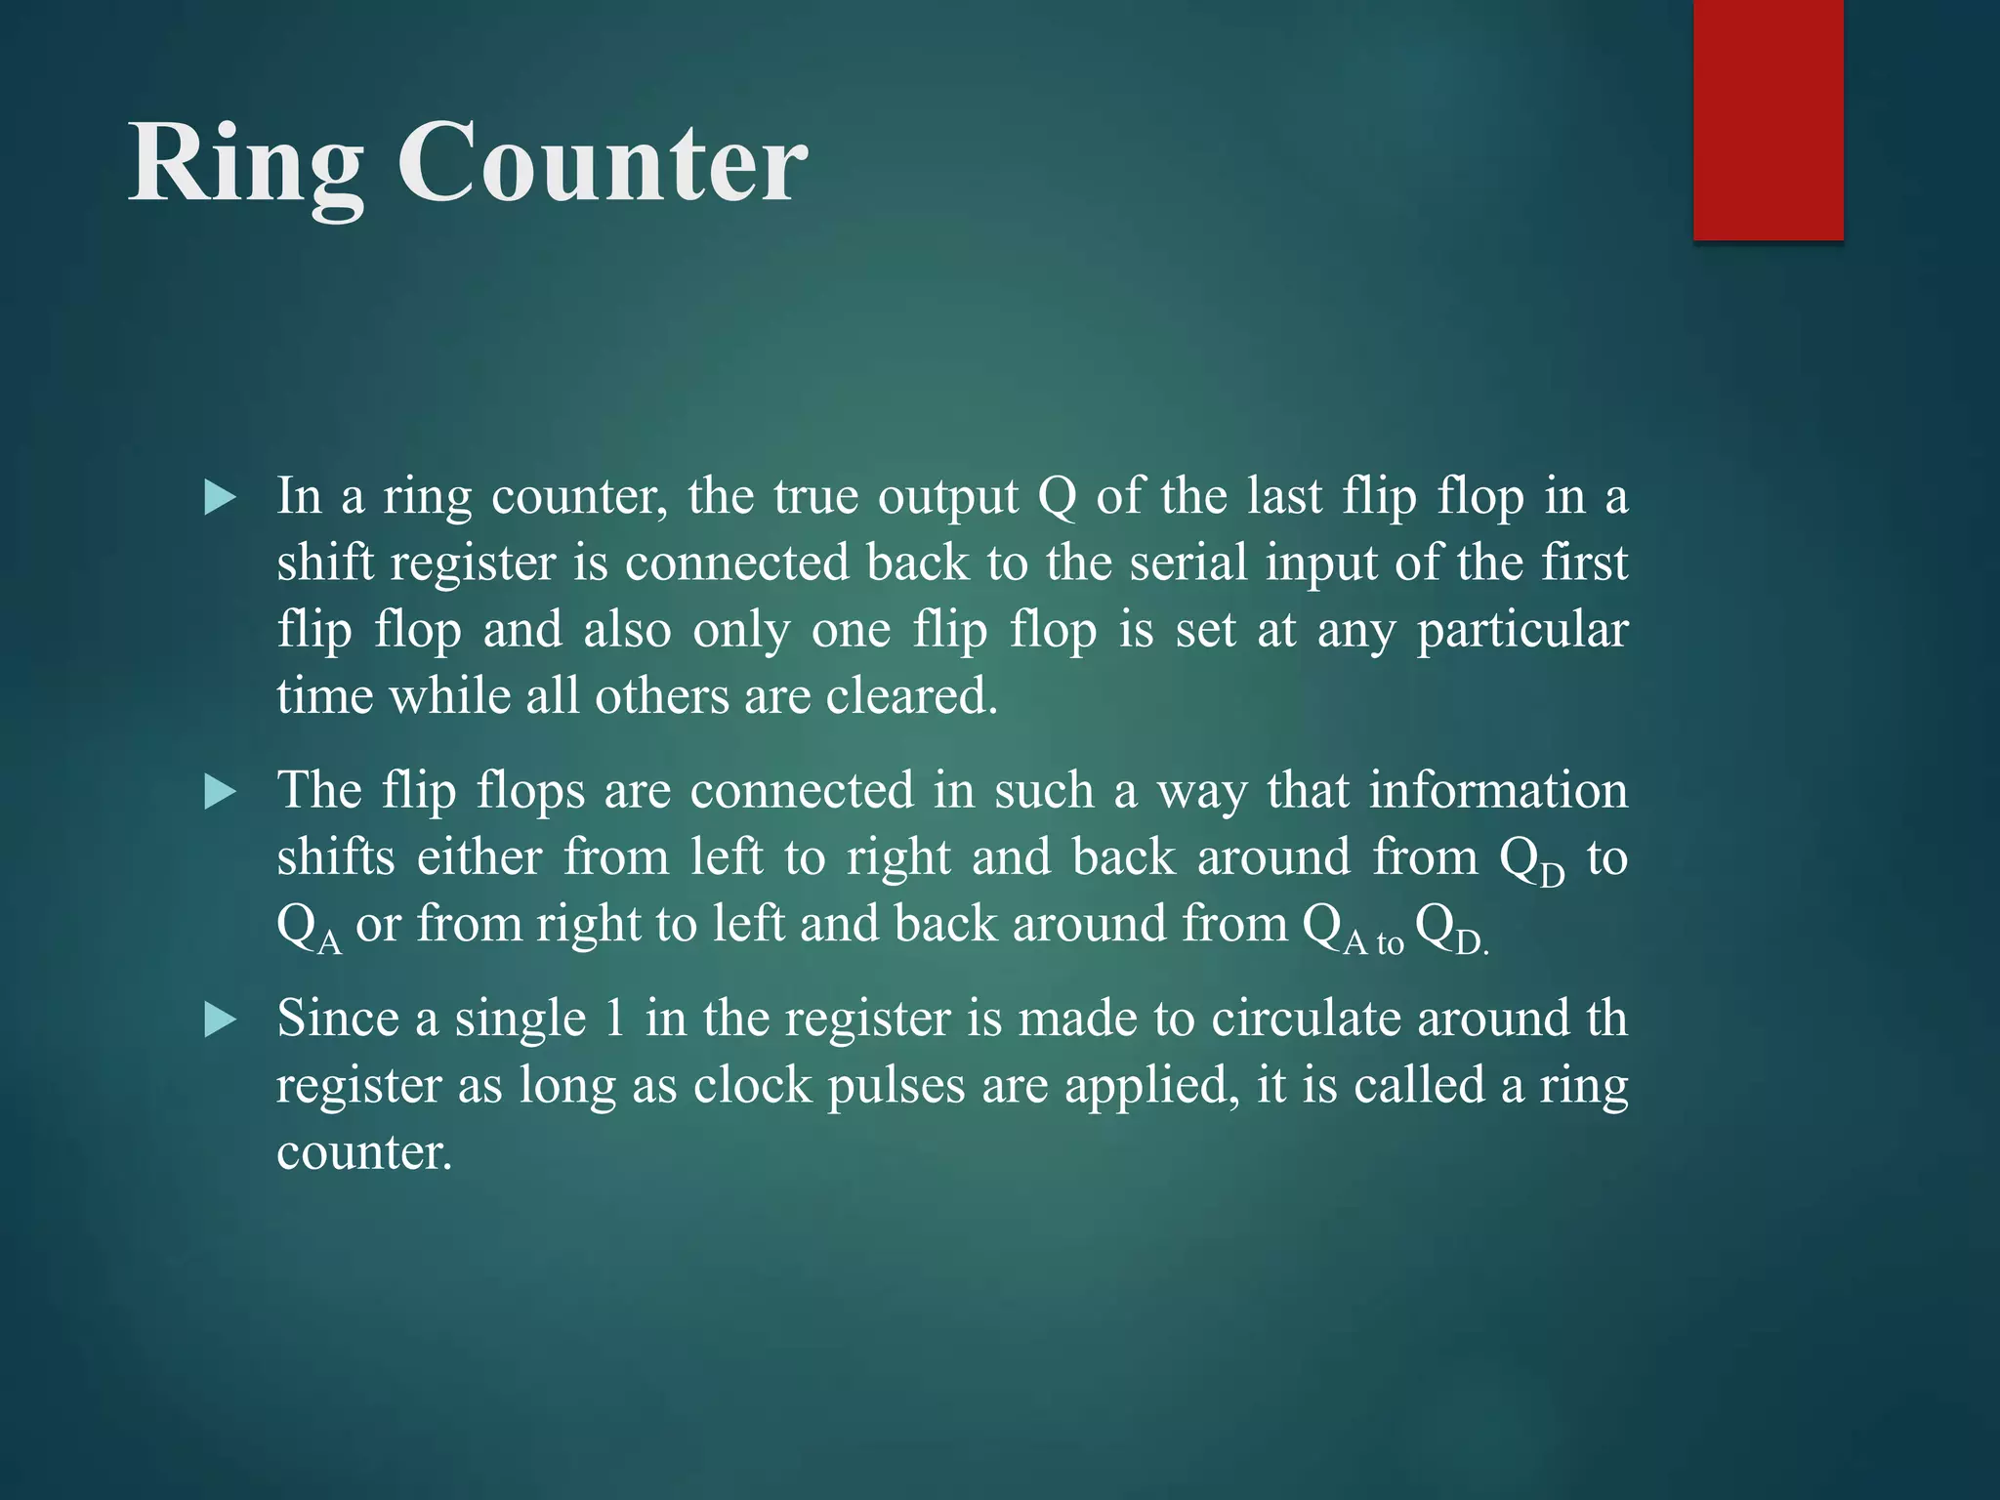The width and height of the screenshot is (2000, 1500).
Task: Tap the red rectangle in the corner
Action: (1768, 119)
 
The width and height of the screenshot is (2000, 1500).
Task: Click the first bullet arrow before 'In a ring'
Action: (221, 499)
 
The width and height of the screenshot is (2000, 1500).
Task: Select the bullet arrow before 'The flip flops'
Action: (221, 792)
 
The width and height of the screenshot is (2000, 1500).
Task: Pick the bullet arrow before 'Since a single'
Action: (221, 1021)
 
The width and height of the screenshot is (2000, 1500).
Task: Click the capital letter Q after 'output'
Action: (1057, 497)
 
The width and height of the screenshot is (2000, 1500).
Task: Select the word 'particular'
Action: (1521, 631)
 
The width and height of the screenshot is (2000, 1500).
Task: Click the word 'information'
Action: (1498, 790)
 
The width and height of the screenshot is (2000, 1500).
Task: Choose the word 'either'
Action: (479, 857)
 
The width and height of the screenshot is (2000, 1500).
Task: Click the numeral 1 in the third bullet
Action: (614, 1019)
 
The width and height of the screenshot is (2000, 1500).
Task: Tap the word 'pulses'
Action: (896, 1086)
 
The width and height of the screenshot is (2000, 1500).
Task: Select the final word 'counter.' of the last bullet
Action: (364, 1152)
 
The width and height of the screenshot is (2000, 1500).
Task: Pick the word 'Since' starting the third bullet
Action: (338, 1019)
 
